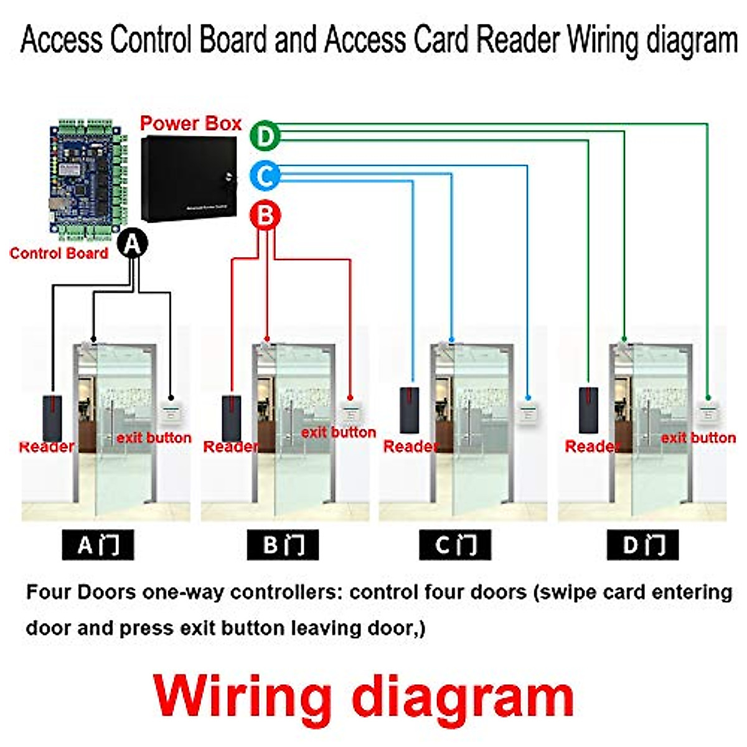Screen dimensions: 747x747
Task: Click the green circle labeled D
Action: [265, 136]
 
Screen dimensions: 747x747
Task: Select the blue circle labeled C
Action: [265, 176]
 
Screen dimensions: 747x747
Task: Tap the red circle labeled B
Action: [265, 216]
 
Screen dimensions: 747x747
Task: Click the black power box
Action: [189, 178]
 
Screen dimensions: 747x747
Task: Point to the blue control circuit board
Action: [87, 177]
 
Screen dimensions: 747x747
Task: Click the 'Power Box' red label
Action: [190, 123]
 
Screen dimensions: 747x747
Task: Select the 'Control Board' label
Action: [59, 253]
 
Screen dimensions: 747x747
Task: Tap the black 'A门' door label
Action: [98, 545]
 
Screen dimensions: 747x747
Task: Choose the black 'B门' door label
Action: [283, 545]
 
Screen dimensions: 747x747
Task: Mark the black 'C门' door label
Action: [455, 545]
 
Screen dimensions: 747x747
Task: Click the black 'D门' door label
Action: [642, 545]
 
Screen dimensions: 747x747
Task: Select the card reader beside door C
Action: [410, 410]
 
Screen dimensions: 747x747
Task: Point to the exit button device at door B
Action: [349, 412]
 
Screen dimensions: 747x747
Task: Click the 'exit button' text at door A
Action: [154, 438]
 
